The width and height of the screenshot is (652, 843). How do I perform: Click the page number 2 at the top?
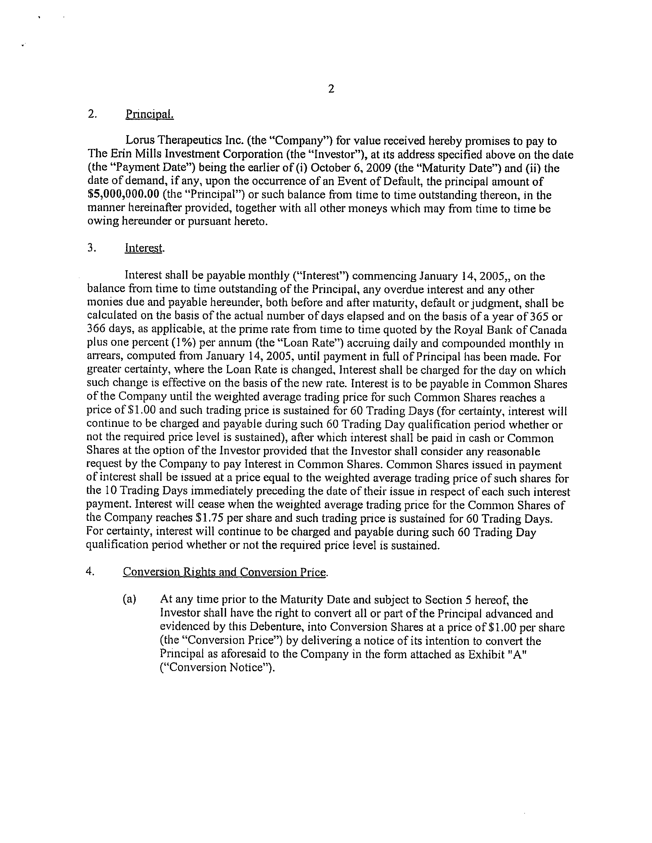[x=331, y=89]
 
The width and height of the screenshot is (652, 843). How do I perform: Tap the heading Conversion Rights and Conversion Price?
[x=225, y=572]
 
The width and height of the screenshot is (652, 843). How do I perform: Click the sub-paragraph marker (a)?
[x=129, y=599]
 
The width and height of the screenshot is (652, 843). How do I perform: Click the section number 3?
[x=91, y=248]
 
